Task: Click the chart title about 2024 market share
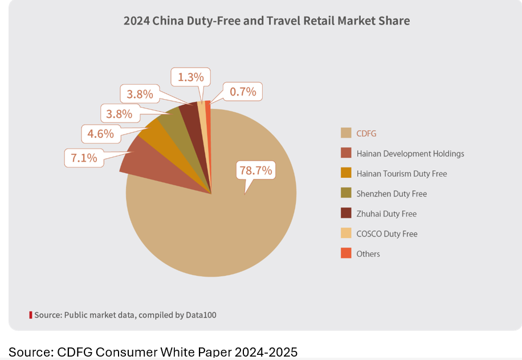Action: click(x=267, y=21)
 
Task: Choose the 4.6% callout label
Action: click(x=101, y=134)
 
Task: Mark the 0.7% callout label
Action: click(x=243, y=91)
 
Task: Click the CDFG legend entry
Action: click(x=366, y=133)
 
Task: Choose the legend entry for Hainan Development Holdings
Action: click(x=410, y=153)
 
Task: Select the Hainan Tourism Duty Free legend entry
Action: click(x=401, y=173)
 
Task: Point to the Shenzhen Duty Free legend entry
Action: click(x=392, y=194)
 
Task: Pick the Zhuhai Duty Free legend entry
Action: click(x=386, y=214)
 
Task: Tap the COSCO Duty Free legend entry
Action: click(x=387, y=234)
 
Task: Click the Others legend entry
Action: click(x=368, y=253)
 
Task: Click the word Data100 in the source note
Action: click(x=201, y=314)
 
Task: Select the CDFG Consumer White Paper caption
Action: click(x=153, y=351)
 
